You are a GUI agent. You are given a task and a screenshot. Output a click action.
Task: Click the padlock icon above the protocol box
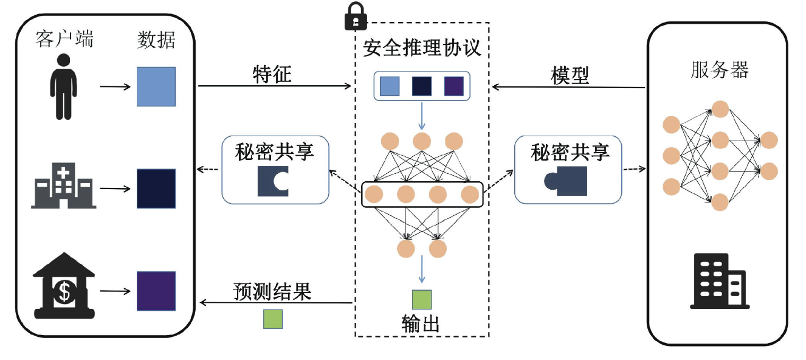pyautogui.click(x=356, y=16)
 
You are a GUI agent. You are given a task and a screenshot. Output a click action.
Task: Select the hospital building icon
pyautogui.click(x=63, y=185)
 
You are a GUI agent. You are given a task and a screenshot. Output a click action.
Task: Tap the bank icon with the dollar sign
pyautogui.click(x=64, y=288)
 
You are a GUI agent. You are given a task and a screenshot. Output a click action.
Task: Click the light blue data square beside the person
pyautogui.click(x=156, y=87)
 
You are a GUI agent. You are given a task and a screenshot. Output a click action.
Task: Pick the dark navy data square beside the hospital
pyautogui.click(x=156, y=189)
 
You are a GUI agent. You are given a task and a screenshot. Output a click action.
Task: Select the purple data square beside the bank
pyautogui.click(x=156, y=291)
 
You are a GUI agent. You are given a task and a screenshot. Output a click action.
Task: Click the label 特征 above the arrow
pyautogui.click(x=272, y=74)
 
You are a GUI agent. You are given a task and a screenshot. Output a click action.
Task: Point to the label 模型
pyautogui.click(x=570, y=75)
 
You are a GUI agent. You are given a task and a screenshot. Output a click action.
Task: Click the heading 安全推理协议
pyautogui.click(x=422, y=47)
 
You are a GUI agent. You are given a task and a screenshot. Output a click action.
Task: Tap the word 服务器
pyautogui.click(x=720, y=69)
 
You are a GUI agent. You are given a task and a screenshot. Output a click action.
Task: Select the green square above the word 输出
pyautogui.click(x=421, y=300)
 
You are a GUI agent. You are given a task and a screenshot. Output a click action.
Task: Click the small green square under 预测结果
pyautogui.click(x=272, y=319)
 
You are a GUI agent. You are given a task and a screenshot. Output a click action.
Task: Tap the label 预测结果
pyautogui.click(x=272, y=292)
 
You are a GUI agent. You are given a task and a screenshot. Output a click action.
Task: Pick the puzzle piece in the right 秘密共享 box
pyautogui.click(x=567, y=182)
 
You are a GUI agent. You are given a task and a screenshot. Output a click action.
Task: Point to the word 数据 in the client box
pyautogui.click(x=156, y=40)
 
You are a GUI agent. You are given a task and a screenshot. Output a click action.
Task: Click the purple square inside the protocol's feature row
pyautogui.click(x=453, y=86)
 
